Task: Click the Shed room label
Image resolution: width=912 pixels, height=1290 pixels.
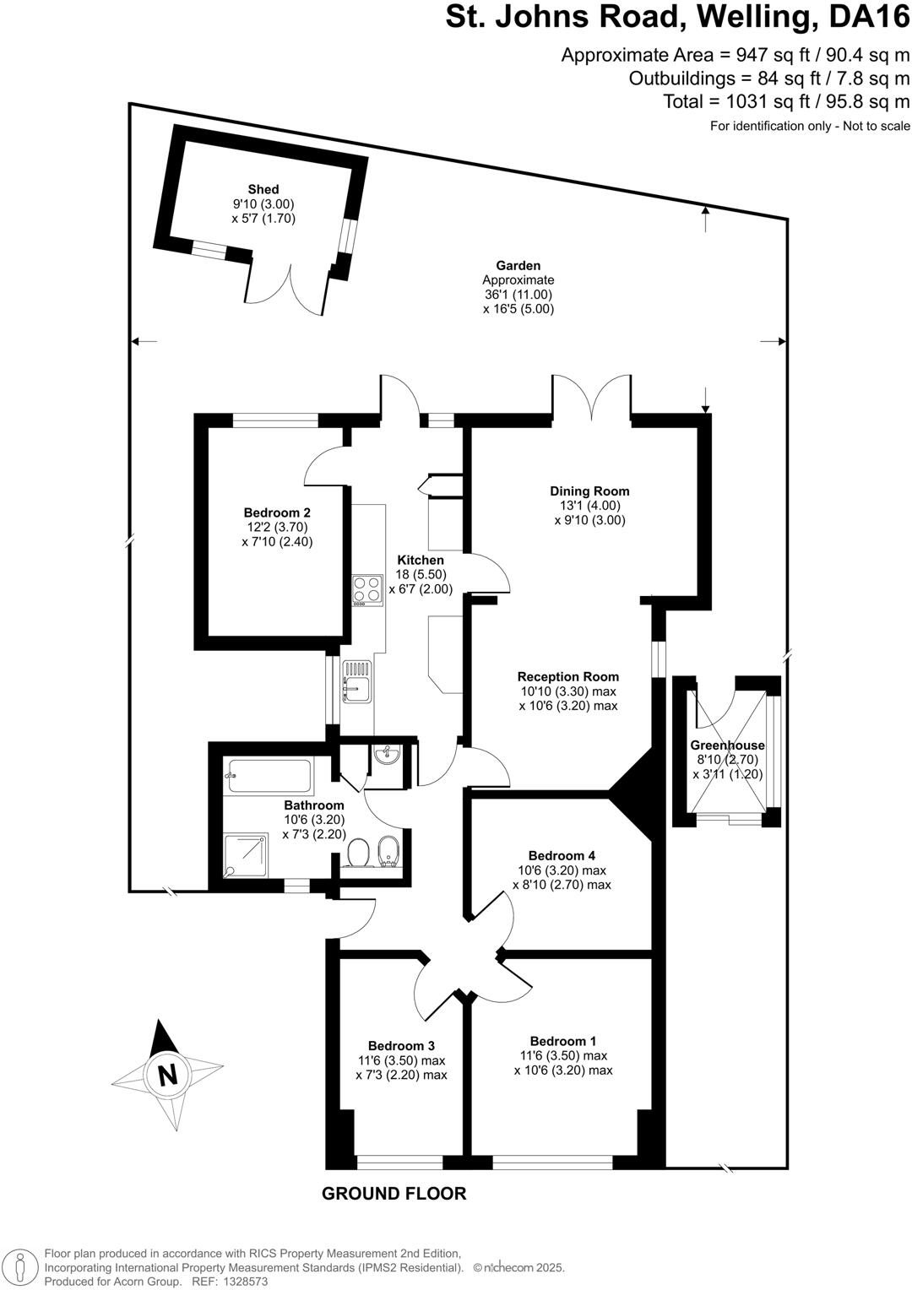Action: [263, 189]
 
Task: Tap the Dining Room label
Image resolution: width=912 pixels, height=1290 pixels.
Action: [589, 491]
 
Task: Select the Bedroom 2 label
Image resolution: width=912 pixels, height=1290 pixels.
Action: [277, 512]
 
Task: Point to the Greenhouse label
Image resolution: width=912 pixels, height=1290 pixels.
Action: [727, 745]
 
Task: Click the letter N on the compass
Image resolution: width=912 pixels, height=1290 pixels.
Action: [167, 1075]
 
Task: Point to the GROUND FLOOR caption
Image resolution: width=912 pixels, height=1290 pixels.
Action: [394, 1193]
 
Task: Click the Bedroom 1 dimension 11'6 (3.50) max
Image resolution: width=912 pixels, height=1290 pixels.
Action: [563, 1055]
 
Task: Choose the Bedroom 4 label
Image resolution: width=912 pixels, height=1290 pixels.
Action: [562, 855]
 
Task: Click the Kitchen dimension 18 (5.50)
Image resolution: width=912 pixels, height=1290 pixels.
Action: [421, 574]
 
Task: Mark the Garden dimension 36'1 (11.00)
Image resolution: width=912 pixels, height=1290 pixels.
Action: [518, 295]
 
